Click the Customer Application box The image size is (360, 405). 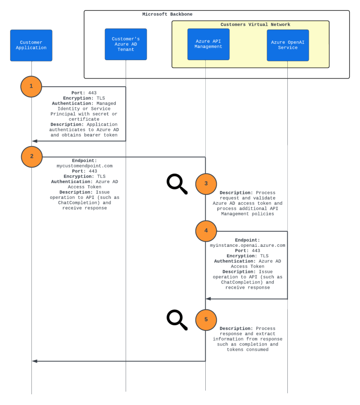(31, 45)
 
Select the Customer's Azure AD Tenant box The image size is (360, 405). (126, 44)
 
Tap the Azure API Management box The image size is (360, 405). (208, 44)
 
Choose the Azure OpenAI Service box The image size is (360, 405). (287, 45)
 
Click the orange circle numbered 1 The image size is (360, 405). (31, 86)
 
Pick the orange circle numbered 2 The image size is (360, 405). (31, 157)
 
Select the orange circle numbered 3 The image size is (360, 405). (206, 183)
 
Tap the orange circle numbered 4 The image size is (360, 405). (206, 231)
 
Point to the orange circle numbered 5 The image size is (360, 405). (206, 320)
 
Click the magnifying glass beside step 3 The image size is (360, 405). (177, 184)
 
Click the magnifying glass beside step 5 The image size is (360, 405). (177, 320)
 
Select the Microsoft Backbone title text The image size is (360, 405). (167, 15)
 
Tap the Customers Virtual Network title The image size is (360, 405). (255, 24)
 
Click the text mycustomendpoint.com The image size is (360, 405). (84, 166)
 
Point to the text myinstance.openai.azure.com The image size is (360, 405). (247, 245)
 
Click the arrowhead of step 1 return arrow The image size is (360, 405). (35, 141)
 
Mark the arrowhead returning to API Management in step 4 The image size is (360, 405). (209, 298)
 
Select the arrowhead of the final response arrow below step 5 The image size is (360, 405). (35, 361)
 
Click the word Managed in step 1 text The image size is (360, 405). (106, 103)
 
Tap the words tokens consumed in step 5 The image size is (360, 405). (247, 350)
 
